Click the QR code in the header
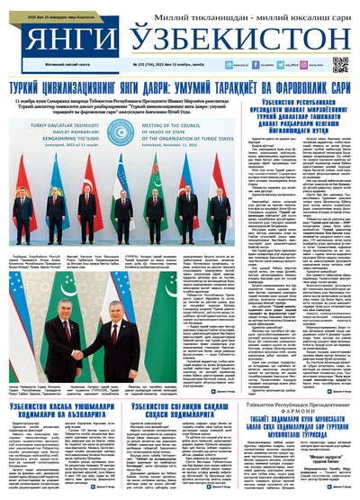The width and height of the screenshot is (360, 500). click(x=339, y=66)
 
